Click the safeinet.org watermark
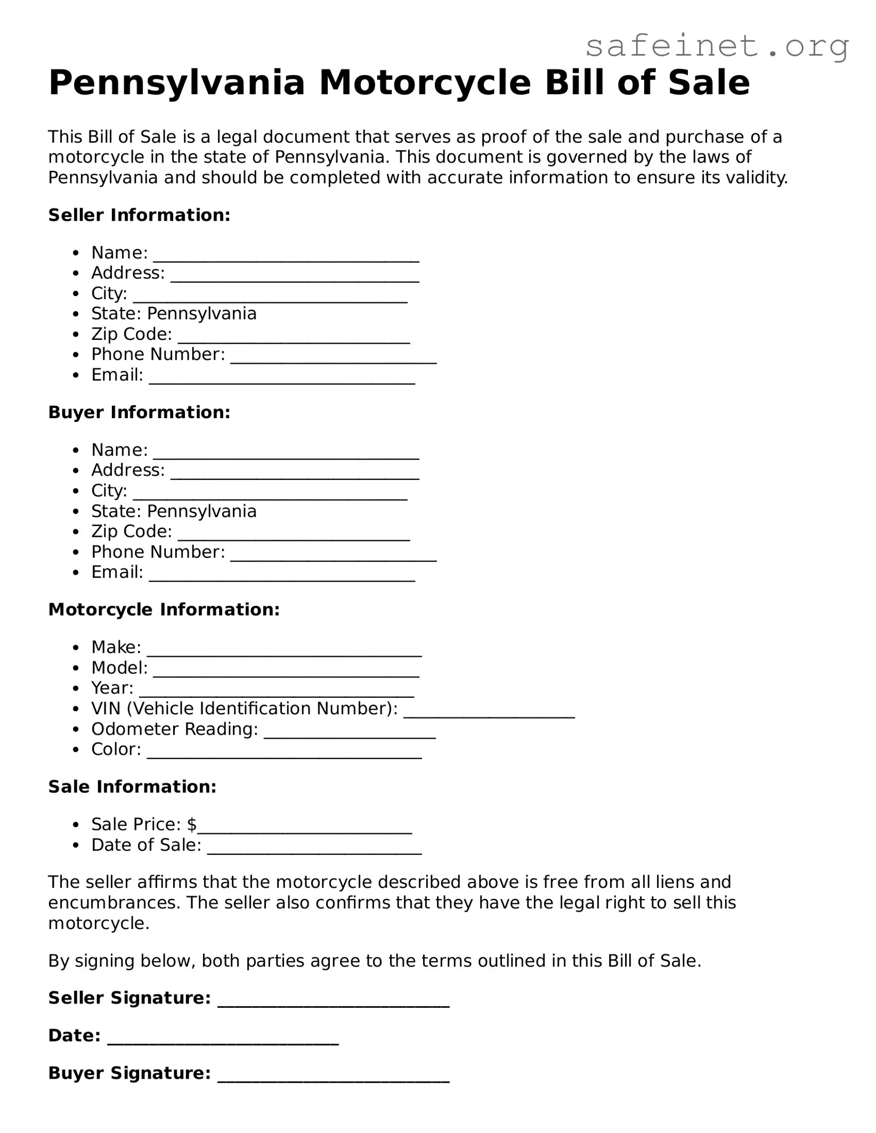(x=717, y=46)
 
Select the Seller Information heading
(x=139, y=215)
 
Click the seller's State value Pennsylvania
(x=201, y=314)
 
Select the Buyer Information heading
(x=139, y=412)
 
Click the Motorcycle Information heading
(x=164, y=610)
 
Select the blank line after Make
(x=285, y=651)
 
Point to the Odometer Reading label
(x=174, y=729)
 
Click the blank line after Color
(x=285, y=754)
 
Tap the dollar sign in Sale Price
(x=192, y=825)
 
